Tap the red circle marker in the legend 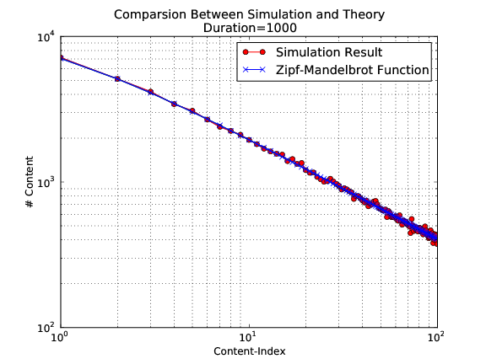[x=253, y=53]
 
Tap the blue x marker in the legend [x=253, y=71]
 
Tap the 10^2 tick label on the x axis [x=436, y=340]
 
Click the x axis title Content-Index [x=248, y=351]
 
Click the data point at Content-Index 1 [x=61, y=58]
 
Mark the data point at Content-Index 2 [x=117, y=78]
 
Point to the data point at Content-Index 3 [x=150, y=92]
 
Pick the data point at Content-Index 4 [x=174, y=104]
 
